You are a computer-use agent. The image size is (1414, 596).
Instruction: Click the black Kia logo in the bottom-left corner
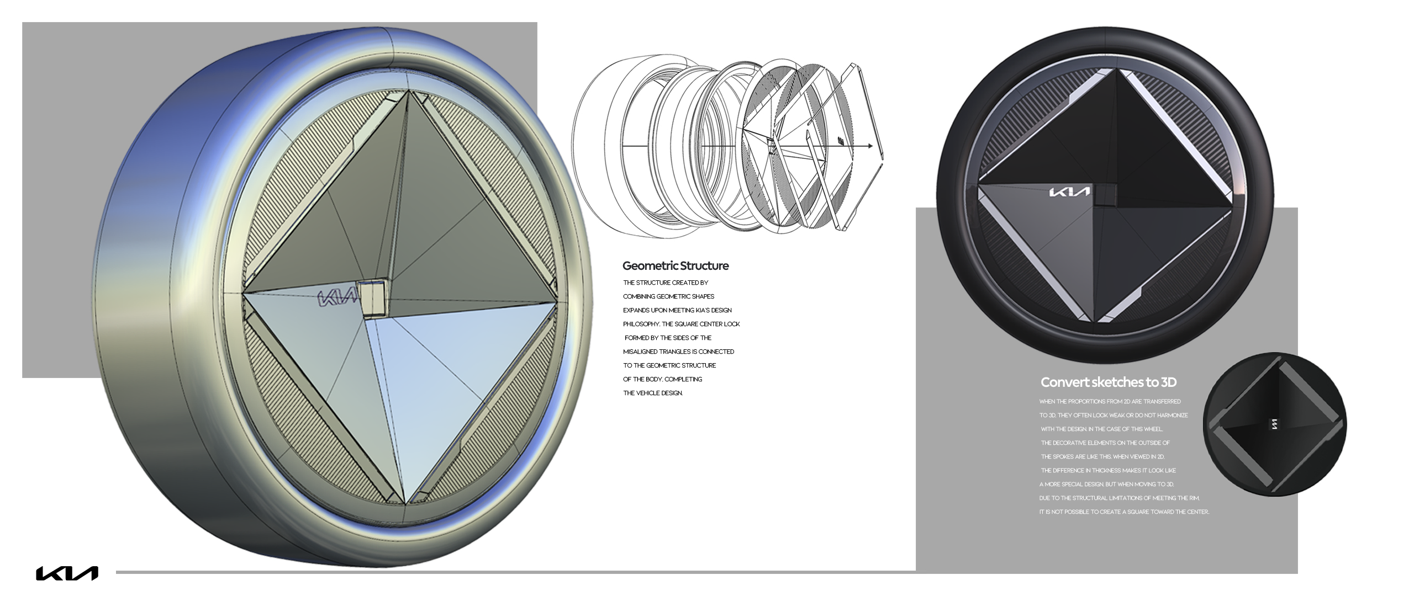tap(67, 573)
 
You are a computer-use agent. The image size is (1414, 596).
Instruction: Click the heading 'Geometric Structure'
tap(675, 266)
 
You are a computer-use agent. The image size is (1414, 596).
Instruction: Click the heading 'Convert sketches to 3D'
tap(1108, 382)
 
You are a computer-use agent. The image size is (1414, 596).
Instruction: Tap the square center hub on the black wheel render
tap(1106, 195)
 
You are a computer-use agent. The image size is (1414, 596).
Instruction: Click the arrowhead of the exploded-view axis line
tap(870, 146)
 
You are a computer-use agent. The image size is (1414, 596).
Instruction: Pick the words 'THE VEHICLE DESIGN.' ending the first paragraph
tap(653, 393)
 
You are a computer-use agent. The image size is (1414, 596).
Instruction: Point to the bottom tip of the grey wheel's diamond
tap(406, 502)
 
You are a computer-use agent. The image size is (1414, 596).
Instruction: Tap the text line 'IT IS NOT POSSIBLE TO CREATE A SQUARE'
tap(1124, 512)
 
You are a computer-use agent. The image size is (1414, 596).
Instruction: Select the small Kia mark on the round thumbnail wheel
tap(1274, 424)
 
